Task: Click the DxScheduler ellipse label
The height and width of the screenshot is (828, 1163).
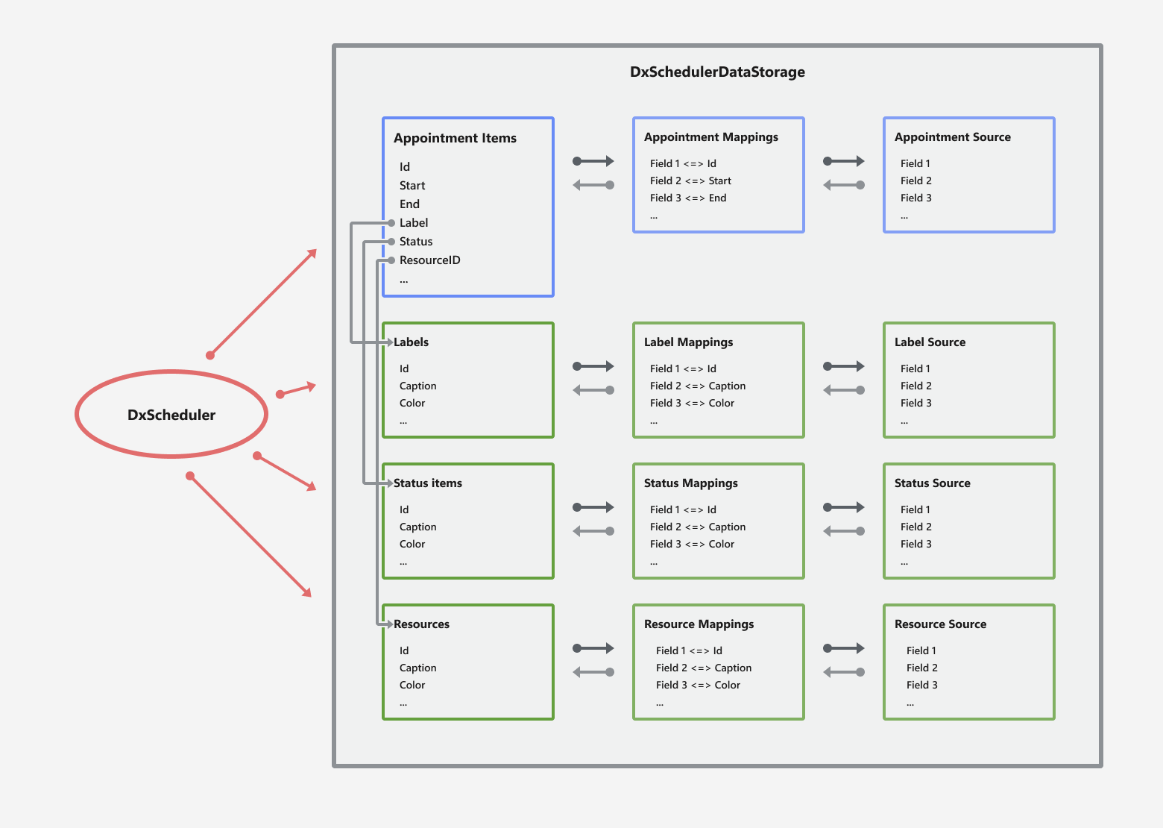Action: click(171, 415)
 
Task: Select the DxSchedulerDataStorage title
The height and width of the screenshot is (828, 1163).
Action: click(717, 72)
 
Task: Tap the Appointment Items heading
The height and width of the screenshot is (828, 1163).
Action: click(455, 138)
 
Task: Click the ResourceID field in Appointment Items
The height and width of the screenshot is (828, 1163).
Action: click(429, 260)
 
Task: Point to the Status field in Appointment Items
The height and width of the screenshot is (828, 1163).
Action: click(415, 242)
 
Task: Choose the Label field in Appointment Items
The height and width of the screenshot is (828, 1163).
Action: click(413, 223)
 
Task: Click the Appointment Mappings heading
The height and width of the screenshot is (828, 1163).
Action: click(710, 137)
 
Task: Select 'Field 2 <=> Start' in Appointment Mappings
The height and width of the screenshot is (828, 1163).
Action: click(690, 181)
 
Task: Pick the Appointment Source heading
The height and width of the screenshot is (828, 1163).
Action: click(952, 137)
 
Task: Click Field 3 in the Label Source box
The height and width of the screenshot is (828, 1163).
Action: click(915, 403)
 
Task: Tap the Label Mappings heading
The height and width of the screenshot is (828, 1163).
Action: click(688, 342)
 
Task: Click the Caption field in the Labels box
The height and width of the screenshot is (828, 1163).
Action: click(417, 386)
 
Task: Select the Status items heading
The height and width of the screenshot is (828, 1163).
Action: click(427, 483)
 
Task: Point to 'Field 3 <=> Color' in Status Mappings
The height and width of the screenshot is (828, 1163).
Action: click(691, 544)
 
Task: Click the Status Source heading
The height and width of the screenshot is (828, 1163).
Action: click(932, 483)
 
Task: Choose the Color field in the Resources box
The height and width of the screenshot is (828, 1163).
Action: click(412, 685)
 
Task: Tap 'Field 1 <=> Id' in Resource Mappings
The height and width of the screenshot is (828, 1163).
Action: click(688, 650)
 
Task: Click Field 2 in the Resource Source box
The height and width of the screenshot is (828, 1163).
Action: click(921, 668)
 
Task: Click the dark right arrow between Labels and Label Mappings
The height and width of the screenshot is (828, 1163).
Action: click(593, 366)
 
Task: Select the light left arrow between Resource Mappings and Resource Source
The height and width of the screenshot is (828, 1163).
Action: click(844, 672)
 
